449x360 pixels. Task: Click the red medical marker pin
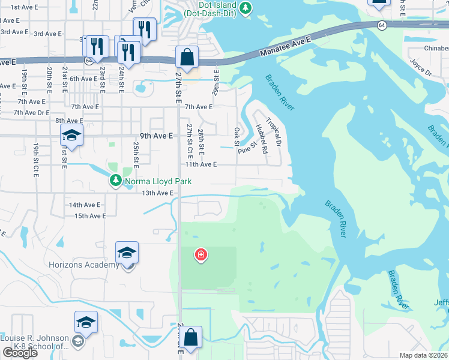tap(200, 255)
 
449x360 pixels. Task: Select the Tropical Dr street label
tap(274, 131)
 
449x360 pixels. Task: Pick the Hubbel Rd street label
tap(261, 137)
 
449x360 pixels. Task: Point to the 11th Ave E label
tap(200, 164)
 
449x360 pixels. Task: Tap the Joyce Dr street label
tap(421, 67)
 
